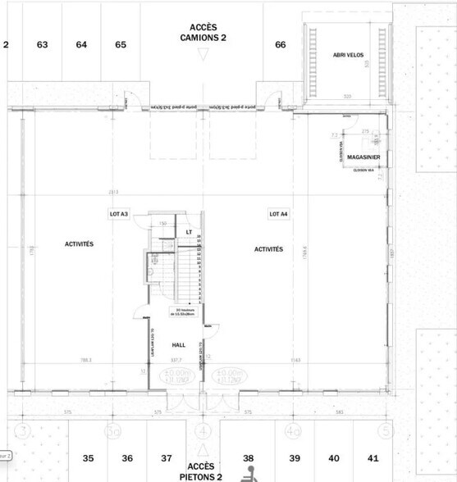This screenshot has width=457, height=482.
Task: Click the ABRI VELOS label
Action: (348, 55)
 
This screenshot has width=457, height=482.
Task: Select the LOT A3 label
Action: (119, 214)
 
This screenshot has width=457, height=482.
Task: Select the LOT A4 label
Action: (279, 214)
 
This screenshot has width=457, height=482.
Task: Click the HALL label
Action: (179, 345)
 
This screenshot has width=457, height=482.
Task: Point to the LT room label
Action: (189, 232)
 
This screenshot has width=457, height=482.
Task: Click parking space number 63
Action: (42, 44)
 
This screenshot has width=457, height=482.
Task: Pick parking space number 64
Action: (81, 44)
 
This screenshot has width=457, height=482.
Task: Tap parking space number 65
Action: (121, 44)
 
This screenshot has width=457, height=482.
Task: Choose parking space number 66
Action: (281, 44)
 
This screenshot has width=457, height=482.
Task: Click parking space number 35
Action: (89, 457)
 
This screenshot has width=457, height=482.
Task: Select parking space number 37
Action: (167, 457)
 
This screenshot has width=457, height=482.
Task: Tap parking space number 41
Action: (373, 457)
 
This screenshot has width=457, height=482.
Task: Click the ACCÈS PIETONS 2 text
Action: (200, 471)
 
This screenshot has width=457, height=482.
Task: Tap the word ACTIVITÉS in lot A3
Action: (80, 244)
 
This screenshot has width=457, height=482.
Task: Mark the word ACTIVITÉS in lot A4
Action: (269, 248)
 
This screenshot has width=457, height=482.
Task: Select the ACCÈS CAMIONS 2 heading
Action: (203, 32)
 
